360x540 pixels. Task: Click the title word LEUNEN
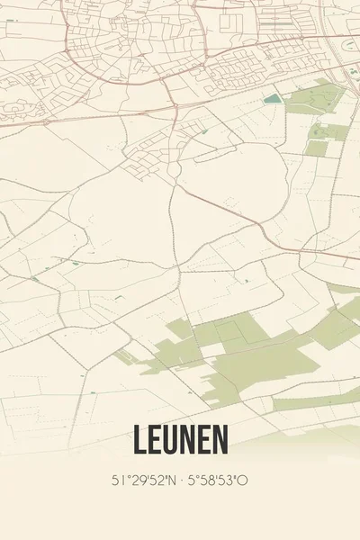coord(180,439)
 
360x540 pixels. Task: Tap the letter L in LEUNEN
coord(139,439)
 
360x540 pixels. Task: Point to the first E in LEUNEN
coord(155,439)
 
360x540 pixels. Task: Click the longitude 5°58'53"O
coord(217,481)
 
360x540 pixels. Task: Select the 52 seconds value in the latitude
coord(153,481)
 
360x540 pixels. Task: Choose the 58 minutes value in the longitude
coord(205,481)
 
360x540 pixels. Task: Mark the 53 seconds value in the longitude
coord(225,481)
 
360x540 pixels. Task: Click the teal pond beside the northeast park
coord(272,99)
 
